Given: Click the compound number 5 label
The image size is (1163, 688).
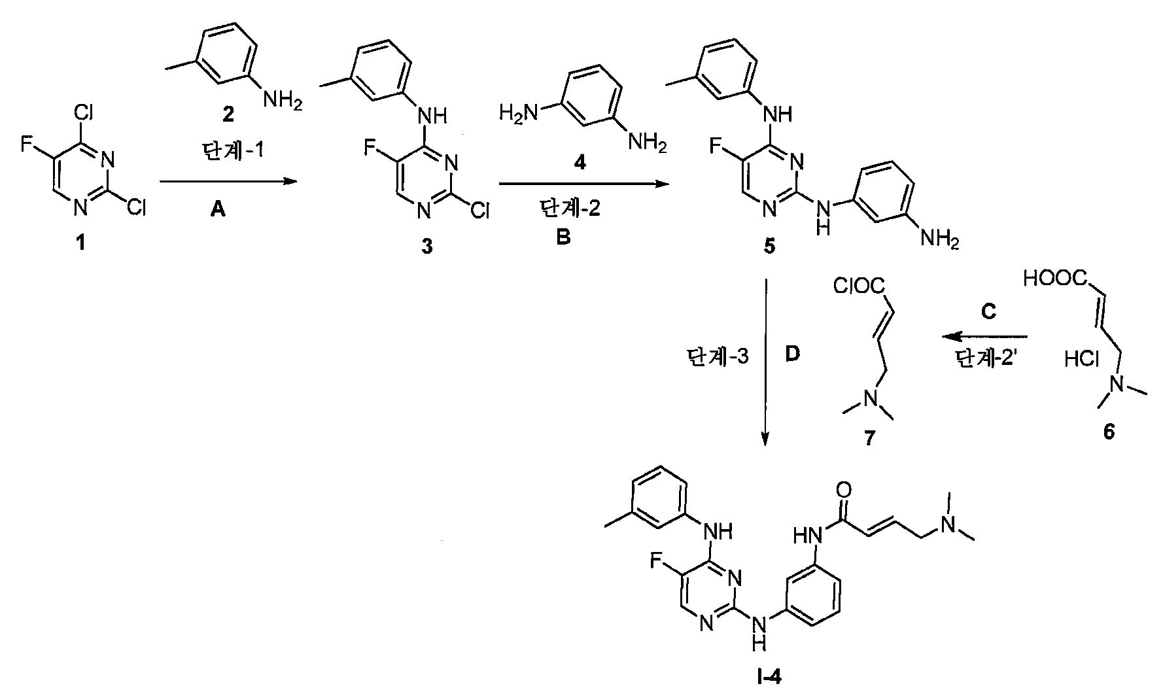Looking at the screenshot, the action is coord(769,247).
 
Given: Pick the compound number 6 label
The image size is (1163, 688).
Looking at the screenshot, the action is coord(1109,434).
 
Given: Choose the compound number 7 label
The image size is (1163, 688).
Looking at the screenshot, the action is coord(869,438).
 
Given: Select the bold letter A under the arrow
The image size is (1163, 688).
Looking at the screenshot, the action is coord(218,211).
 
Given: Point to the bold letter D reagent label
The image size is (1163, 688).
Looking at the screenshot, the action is coord(792,354).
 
